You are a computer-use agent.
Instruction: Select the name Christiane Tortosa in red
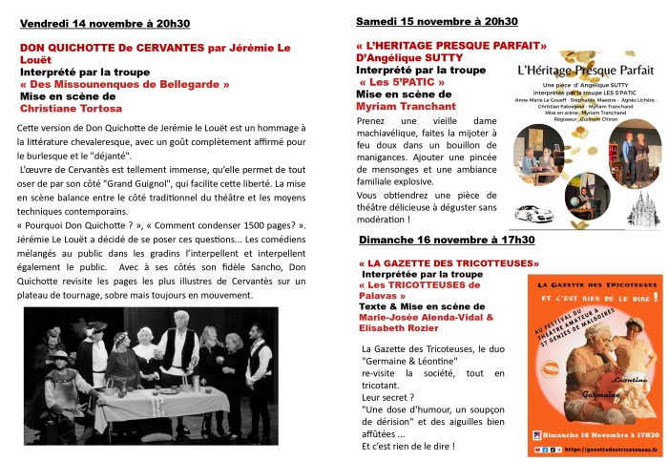[x=64, y=109]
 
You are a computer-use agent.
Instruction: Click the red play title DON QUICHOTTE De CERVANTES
[x=108, y=46]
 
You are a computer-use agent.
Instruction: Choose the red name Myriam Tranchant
[x=405, y=106]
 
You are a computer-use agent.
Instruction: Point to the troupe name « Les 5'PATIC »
[x=391, y=81]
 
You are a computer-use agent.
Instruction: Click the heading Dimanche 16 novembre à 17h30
[x=446, y=239]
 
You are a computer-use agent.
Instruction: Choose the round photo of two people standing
[x=631, y=157]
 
